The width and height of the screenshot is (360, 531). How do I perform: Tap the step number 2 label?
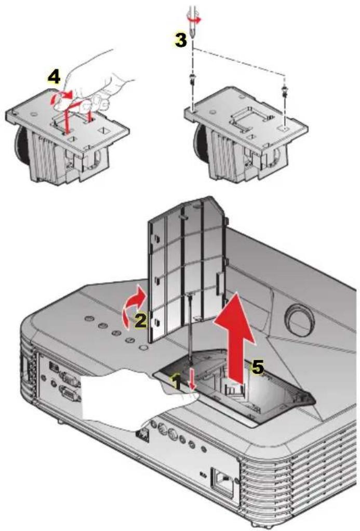tap(139, 321)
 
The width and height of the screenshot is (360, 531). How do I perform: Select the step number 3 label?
tap(180, 40)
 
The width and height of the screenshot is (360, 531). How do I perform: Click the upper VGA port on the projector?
tap(70, 380)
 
